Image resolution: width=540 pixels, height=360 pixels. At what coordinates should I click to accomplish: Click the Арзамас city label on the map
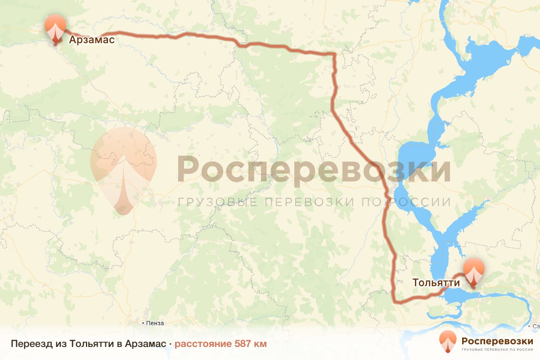pos(92,40)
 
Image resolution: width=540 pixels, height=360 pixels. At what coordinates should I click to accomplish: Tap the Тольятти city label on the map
pos(436,283)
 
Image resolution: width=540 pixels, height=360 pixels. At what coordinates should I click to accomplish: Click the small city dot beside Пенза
pos(143,323)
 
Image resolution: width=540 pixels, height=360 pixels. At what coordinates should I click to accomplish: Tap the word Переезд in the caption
pos(27,344)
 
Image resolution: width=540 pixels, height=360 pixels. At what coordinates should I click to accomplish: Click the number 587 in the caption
pos(243,344)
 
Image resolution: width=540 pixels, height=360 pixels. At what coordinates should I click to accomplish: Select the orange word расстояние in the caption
pos(203,344)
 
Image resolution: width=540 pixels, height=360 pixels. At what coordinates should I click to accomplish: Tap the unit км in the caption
pos(261,344)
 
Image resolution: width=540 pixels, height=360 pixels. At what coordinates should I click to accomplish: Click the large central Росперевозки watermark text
pos(314,169)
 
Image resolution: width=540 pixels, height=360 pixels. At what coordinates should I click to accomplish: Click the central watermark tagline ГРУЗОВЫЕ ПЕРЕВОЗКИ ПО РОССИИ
pos(314,202)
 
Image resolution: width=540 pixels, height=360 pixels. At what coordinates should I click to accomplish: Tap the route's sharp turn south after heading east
pos(334,54)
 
